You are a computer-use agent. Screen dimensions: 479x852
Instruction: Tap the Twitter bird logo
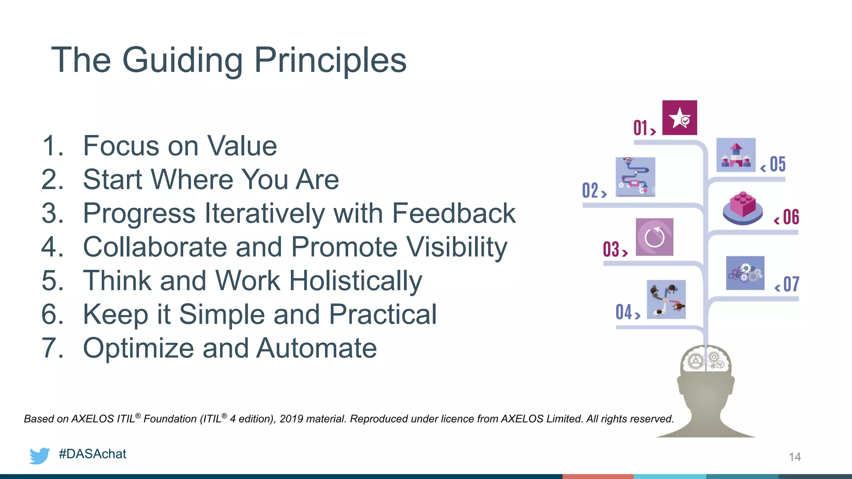tap(40, 455)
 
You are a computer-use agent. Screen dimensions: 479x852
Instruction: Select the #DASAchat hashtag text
tap(92, 454)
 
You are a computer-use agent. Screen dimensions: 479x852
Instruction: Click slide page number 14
tap(795, 457)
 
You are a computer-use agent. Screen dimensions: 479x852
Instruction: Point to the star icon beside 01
tap(679, 118)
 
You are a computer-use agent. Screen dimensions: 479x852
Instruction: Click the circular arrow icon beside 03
tap(654, 237)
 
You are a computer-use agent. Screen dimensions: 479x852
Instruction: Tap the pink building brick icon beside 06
tap(743, 208)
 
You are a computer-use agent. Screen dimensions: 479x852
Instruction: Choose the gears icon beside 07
tap(745, 273)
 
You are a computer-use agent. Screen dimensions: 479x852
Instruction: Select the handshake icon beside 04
tap(666, 299)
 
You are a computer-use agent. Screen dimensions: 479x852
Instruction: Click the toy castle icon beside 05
tap(736, 155)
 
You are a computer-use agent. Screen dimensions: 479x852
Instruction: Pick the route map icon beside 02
tap(635, 177)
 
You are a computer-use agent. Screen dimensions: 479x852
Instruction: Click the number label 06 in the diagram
tap(790, 217)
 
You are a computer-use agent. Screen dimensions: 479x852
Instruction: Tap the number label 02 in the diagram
tap(590, 191)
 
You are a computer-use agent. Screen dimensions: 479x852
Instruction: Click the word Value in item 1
tap(242, 146)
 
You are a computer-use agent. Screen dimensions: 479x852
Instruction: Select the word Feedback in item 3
tap(453, 213)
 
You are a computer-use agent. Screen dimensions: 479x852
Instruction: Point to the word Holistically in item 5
tap(355, 281)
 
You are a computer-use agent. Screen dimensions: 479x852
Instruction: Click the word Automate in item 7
tap(317, 348)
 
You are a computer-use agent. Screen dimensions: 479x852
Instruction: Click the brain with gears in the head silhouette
tap(706, 360)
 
